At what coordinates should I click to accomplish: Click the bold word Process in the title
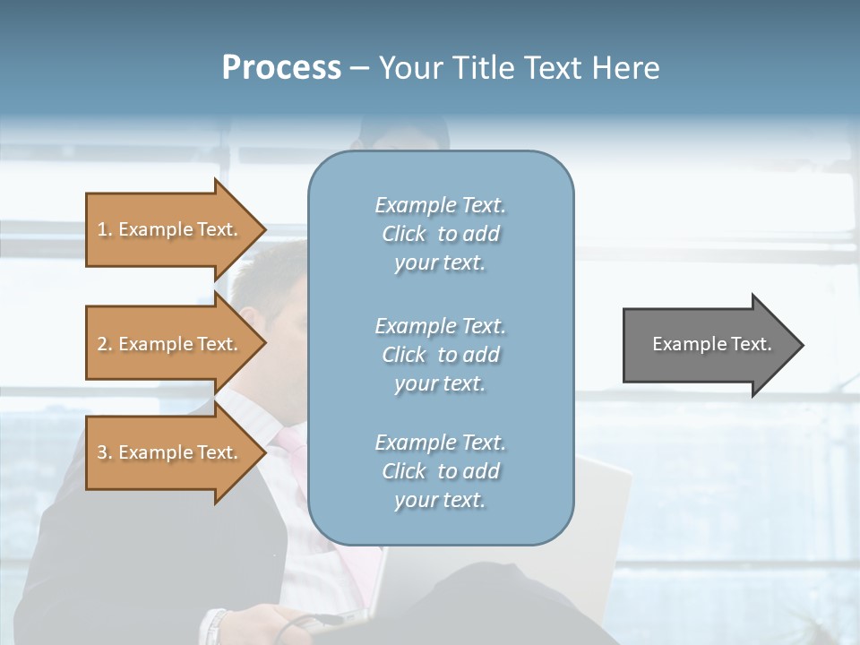281,68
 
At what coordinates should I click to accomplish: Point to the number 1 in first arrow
102,229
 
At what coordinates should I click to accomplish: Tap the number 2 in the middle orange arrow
102,344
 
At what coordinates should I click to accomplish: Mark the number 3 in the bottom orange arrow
102,452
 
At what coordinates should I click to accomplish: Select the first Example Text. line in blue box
440,205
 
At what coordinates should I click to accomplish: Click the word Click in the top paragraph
403,234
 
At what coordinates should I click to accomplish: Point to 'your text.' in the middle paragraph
440,383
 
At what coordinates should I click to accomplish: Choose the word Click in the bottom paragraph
403,471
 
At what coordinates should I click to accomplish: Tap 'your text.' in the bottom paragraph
440,500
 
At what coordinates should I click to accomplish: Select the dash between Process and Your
359,68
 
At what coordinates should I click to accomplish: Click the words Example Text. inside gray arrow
712,344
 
